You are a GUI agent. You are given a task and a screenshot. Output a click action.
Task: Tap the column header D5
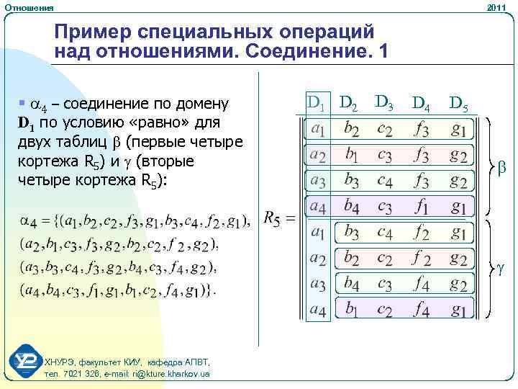point(458,105)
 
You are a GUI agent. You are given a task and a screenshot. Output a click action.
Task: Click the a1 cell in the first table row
point(317,130)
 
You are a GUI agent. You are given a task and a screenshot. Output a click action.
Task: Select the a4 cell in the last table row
point(317,310)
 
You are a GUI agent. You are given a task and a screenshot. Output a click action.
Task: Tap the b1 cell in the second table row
point(353,156)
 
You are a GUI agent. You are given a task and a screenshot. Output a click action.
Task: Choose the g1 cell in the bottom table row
point(458,310)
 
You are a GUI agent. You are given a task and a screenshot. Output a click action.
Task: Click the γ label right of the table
point(501,268)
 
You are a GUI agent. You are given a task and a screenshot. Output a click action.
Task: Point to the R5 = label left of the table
point(279,218)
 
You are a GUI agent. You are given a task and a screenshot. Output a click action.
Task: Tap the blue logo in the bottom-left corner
point(27,362)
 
